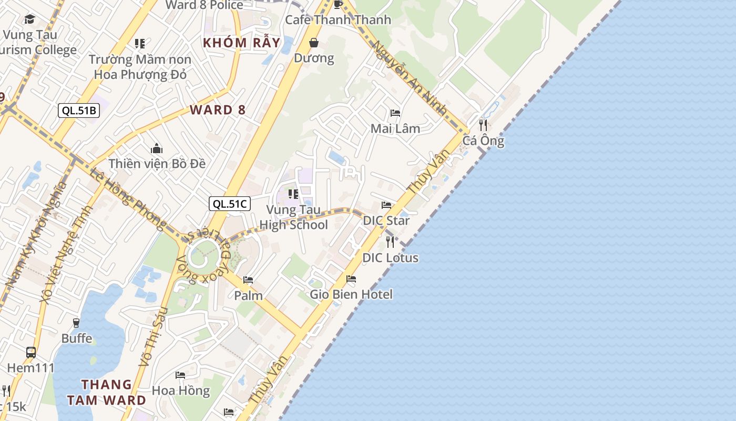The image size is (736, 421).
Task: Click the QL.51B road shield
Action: click(78, 110)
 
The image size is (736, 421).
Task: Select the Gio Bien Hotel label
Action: click(351, 294)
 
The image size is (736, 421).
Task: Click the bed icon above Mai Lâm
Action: click(395, 113)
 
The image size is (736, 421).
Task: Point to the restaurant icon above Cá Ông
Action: click(483, 125)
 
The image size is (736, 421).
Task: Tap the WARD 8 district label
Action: click(218, 110)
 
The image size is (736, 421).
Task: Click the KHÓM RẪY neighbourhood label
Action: click(241, 43)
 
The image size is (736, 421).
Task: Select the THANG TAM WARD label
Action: click(107, 392)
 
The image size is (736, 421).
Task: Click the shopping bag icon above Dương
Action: click(314, 43)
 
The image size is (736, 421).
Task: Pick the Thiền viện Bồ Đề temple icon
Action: click(156, 149)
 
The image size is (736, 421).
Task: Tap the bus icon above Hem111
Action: click(31, 352)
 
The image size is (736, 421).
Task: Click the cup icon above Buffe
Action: click(77, 323)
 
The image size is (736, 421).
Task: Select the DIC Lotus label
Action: click(390, 258)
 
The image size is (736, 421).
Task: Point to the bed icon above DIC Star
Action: click(386, 205)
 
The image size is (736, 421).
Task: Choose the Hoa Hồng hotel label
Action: click(180, 390)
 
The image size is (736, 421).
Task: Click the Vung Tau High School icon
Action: click(293, 194)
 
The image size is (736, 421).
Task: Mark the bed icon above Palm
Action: click(248, 280)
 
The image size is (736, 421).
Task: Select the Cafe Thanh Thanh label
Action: click(338, 20)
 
